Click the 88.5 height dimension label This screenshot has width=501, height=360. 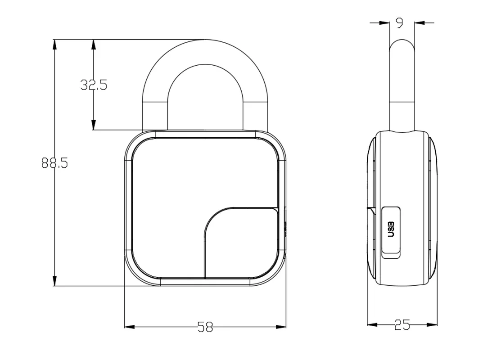coord(54,163)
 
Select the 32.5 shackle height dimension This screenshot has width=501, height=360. coord(94,85)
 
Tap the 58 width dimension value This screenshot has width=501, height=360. coord(205,327)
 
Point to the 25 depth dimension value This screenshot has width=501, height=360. coord(402,325)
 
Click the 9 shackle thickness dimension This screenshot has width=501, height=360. coord(399,22)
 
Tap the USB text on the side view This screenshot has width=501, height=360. coord(391,229)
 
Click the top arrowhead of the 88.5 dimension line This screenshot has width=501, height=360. coord(54,45)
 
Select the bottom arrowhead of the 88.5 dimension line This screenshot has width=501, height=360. coord(54,281)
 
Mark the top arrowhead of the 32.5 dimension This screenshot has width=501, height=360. coord(94,45)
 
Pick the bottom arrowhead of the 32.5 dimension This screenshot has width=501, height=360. coord(94,125)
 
